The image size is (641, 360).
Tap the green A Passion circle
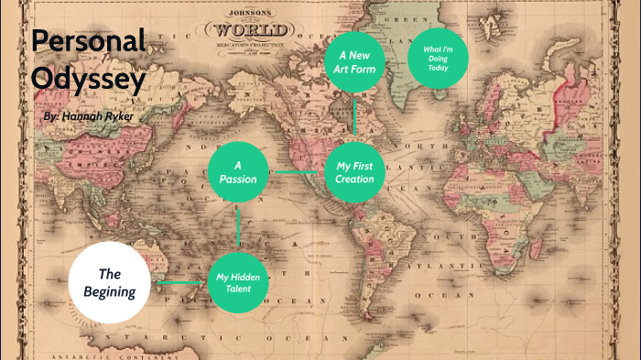pyautogui.click(x=237, y=171)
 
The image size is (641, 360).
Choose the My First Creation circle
pyautogui.click(x=354, y=171)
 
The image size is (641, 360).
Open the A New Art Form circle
pyautogui.click(x=354, y=61)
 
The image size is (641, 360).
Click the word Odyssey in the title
pyautogui.click(x=89, y=80)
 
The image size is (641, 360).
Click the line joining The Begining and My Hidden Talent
pyautogui.click(x=183, y=283)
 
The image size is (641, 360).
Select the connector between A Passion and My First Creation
pyautogui.click(x=296, y=171)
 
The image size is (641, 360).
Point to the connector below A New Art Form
pyautogui.click(x=354, y=116)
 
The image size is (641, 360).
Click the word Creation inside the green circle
pyautogui.click(x=354, y=179)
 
